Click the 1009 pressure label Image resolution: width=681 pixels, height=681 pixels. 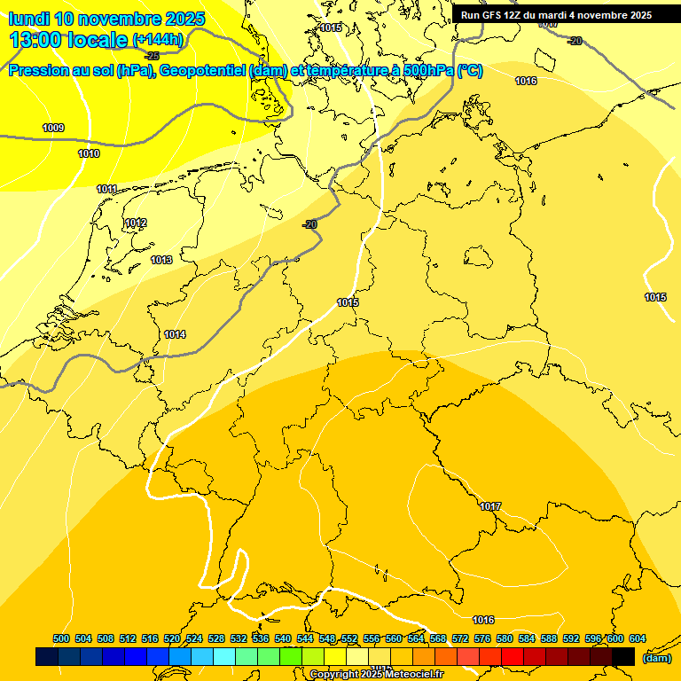click(53, 128)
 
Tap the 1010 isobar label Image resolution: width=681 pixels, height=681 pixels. click(89, 153)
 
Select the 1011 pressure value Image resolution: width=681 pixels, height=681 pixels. click(106, 189)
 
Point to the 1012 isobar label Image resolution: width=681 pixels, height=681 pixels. click(136, 223)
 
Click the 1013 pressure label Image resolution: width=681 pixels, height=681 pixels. click(161, 260)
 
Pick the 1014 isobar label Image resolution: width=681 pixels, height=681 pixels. click(175, 334)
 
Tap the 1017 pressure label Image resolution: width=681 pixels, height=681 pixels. click(490, 506)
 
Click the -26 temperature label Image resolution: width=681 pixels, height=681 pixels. click(152, 55)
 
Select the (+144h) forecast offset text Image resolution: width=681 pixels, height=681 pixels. click(158, 39)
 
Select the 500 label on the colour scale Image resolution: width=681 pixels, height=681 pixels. click(61, 638)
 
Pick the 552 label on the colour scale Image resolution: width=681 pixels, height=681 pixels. click(349, 638)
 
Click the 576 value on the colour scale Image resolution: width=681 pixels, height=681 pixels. click(482, 638)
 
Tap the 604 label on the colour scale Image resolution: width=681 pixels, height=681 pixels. click(638, 638)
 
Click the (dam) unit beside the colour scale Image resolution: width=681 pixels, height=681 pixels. click(656, 657)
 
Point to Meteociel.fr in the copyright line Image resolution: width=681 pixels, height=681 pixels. click(414, 675)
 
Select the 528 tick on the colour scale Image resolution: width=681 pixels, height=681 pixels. click(216, 638)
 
